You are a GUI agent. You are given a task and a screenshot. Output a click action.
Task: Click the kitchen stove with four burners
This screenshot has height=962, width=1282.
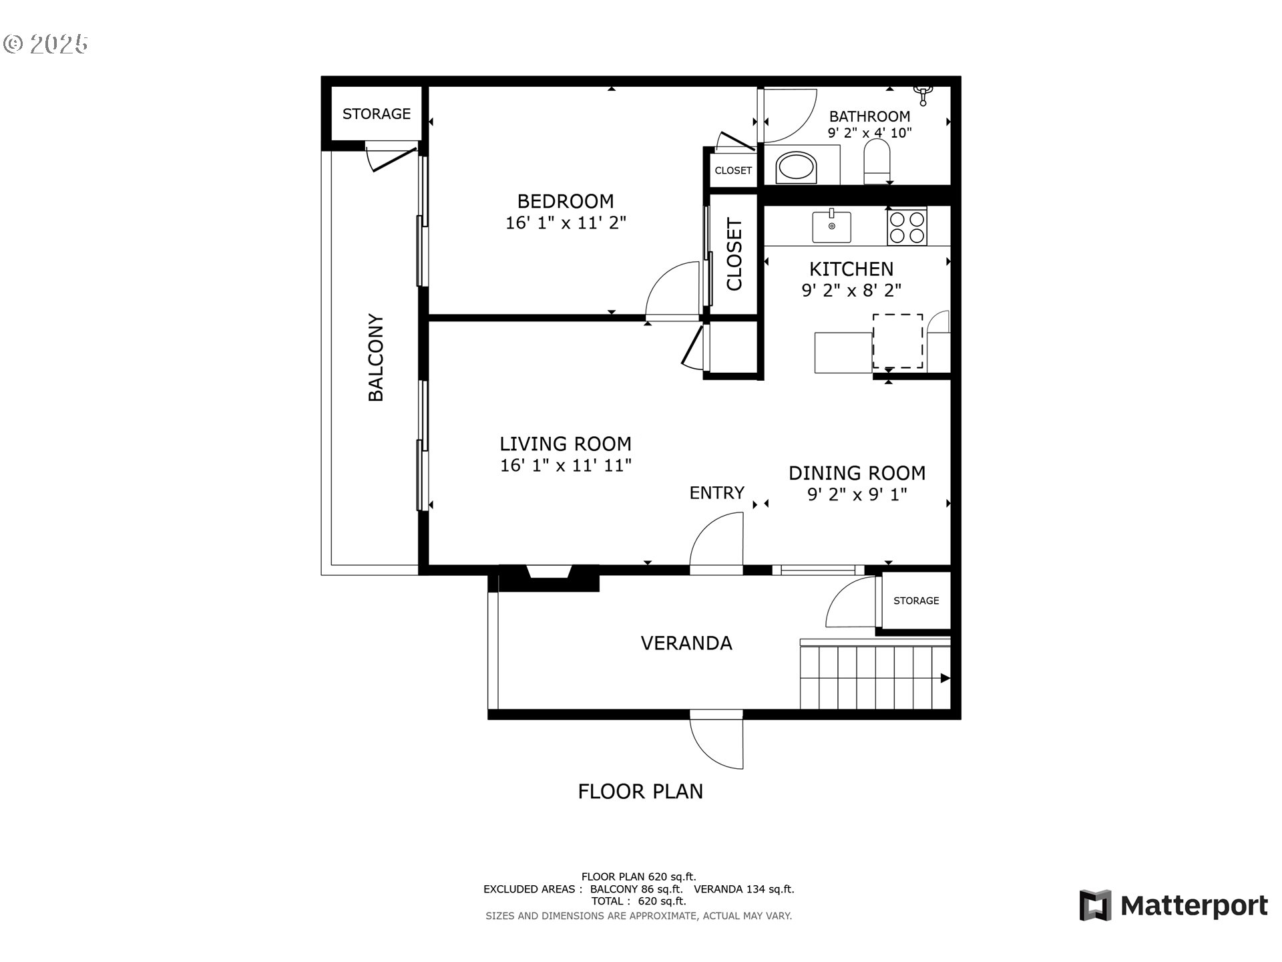pos(907,226)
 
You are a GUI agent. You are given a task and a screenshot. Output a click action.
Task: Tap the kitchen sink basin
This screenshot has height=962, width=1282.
pos(831,226)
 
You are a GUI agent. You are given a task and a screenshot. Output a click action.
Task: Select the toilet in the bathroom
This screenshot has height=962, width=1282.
pos(877,161)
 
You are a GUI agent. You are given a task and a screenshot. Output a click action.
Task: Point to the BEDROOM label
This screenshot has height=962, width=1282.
pos(566,201)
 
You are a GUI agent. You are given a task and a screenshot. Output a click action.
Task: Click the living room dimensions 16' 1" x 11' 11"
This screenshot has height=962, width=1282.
pos(566,465)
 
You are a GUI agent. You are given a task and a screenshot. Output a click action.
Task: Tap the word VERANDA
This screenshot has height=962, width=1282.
pos(686,643)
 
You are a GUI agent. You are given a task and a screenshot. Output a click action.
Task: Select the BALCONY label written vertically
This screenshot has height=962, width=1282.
pos(376,357)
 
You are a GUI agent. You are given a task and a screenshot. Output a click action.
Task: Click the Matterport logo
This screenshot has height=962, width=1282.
pos(1173,905)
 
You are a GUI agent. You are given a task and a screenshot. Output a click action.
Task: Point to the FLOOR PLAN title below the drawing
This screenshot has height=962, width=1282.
pos(640,791)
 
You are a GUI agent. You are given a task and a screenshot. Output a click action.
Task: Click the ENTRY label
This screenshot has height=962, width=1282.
pos(716,492)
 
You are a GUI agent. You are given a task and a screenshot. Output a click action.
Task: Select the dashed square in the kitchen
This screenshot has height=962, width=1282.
pos(898,341)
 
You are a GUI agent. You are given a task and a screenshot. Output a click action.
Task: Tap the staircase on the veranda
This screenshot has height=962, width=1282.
pos(875,675)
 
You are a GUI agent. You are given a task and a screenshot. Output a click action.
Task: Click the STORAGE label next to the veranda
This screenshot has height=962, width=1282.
pos(916,601)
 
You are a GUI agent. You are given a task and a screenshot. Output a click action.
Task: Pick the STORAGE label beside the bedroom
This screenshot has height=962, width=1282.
pos(377,114)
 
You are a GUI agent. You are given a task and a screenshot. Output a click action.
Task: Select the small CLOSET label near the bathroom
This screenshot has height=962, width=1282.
pos(733,170)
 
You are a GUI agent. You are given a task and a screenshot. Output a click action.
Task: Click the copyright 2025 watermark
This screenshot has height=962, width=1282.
pos(45,44)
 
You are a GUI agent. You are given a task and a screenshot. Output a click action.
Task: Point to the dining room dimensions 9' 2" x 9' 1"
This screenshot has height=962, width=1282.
pos(857,494)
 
